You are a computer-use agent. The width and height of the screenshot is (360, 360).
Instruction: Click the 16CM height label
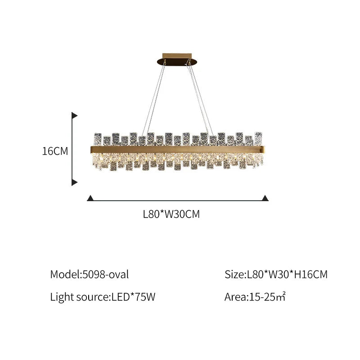(x=55, y=151)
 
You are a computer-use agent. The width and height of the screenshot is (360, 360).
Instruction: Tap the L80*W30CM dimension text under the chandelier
(x=171, y=215)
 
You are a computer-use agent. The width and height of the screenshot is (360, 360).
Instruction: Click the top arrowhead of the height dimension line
(x=75, y=116)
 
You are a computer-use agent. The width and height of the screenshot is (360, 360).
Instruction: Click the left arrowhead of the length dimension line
(x=90, y=198)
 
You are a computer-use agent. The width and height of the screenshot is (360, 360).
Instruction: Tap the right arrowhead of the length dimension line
(x=265, y=198)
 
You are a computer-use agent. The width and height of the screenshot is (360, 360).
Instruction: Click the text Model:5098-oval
(x=89, y=274)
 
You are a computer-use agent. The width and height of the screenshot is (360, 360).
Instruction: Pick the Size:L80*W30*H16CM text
(x=276, y=274)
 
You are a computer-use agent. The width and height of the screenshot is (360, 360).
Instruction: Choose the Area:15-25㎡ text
(x=256, y=297)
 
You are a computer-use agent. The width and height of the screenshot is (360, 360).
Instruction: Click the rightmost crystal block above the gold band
(x=258, y=138)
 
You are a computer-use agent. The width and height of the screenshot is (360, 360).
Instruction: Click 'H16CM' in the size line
(x=311, y=274)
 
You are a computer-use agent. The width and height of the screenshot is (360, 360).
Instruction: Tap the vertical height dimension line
(x=72, y=148)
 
